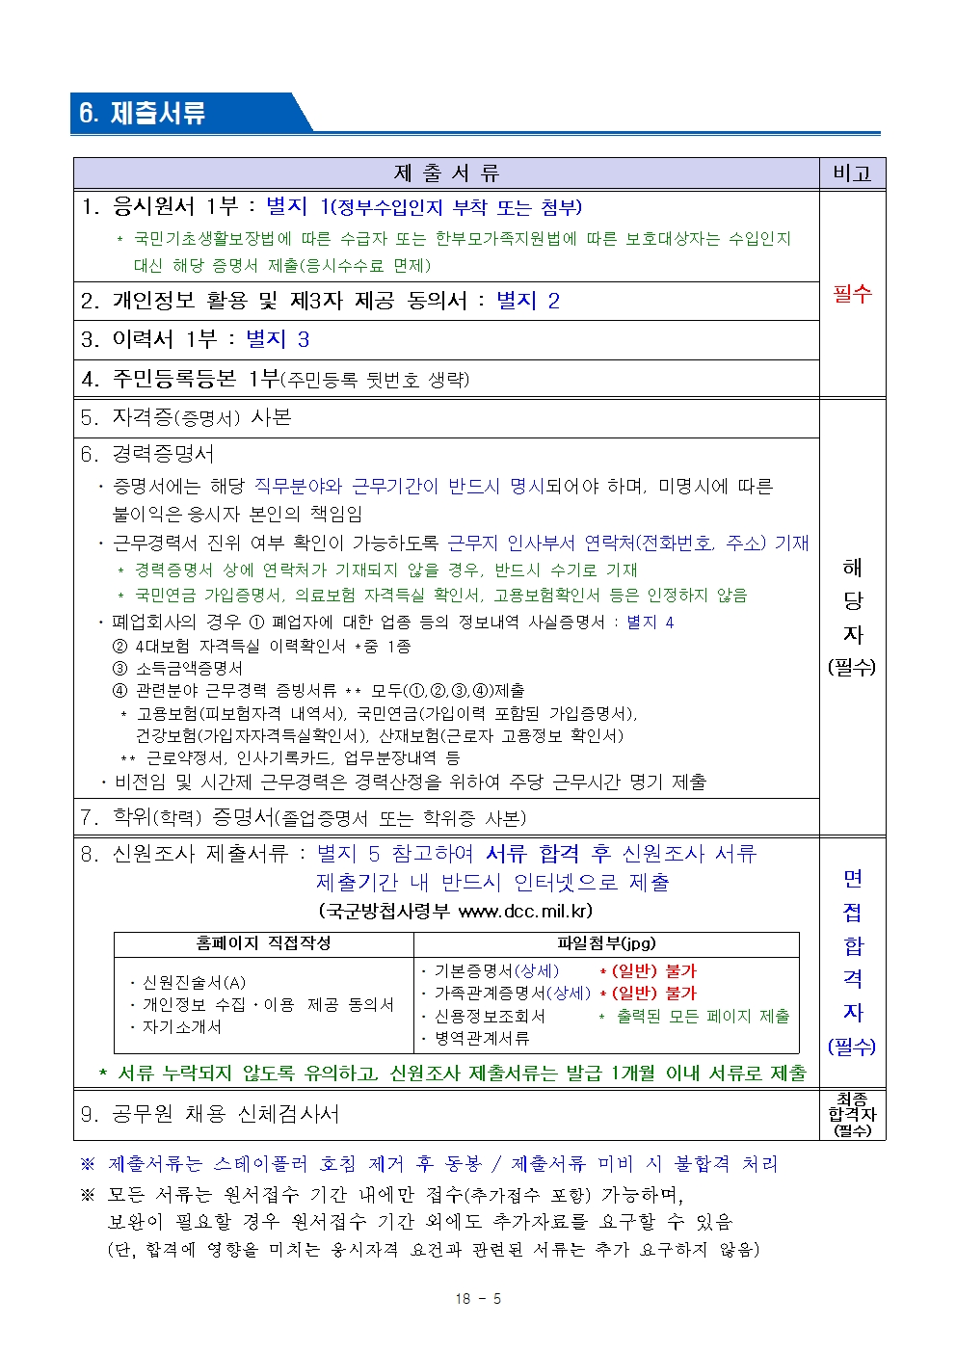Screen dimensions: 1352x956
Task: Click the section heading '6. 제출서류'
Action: (143, 113)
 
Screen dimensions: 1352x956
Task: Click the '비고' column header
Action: (852, 173)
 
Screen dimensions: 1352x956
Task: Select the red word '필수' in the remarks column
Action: (852, 293)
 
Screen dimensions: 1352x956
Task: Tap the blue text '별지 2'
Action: (527, 301)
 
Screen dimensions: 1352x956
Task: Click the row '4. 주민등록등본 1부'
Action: (275, 379)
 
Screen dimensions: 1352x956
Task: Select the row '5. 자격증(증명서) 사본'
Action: (186, 417)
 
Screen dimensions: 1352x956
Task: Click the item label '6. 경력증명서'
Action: (147, 454)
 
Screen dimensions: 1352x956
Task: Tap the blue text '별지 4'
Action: (651, 623)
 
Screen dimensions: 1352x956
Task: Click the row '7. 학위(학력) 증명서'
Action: (303, 818)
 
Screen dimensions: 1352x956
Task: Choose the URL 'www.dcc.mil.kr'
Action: (525, 911)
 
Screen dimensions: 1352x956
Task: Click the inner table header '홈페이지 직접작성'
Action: (263, 943)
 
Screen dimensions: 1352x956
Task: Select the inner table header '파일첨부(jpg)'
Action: (606, 943)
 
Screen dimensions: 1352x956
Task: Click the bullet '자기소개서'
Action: (182, 1027)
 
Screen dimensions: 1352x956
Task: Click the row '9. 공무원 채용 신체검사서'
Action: (210, 1114)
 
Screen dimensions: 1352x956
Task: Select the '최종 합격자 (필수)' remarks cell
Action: (852, 1114)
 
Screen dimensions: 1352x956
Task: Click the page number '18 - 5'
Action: (478, 1299)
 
